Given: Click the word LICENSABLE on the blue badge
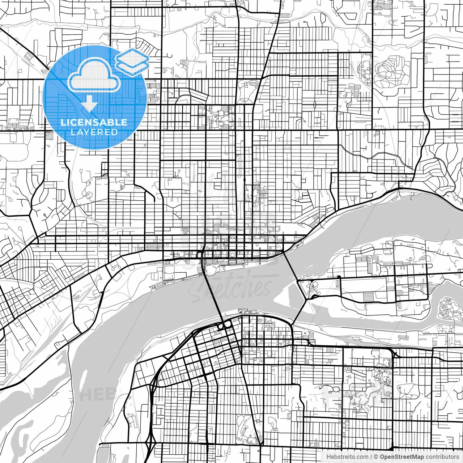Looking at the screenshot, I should pyautogui.click(x=94, y=122).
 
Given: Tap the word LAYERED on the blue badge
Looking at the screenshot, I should pyautogui.click(x=94, y=132).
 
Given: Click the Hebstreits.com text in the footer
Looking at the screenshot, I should pyautogui.click(x=348, y=457).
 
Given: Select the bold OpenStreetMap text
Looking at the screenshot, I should pyautogui.click(x=402, y=457).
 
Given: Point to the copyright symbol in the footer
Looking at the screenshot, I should pyautogui.click(x=376, y=457).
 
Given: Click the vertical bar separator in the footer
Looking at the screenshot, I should pyautogui.click(x=371, y=457).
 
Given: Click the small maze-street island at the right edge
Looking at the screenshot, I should pyautogui.click(x=449, y=309).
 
